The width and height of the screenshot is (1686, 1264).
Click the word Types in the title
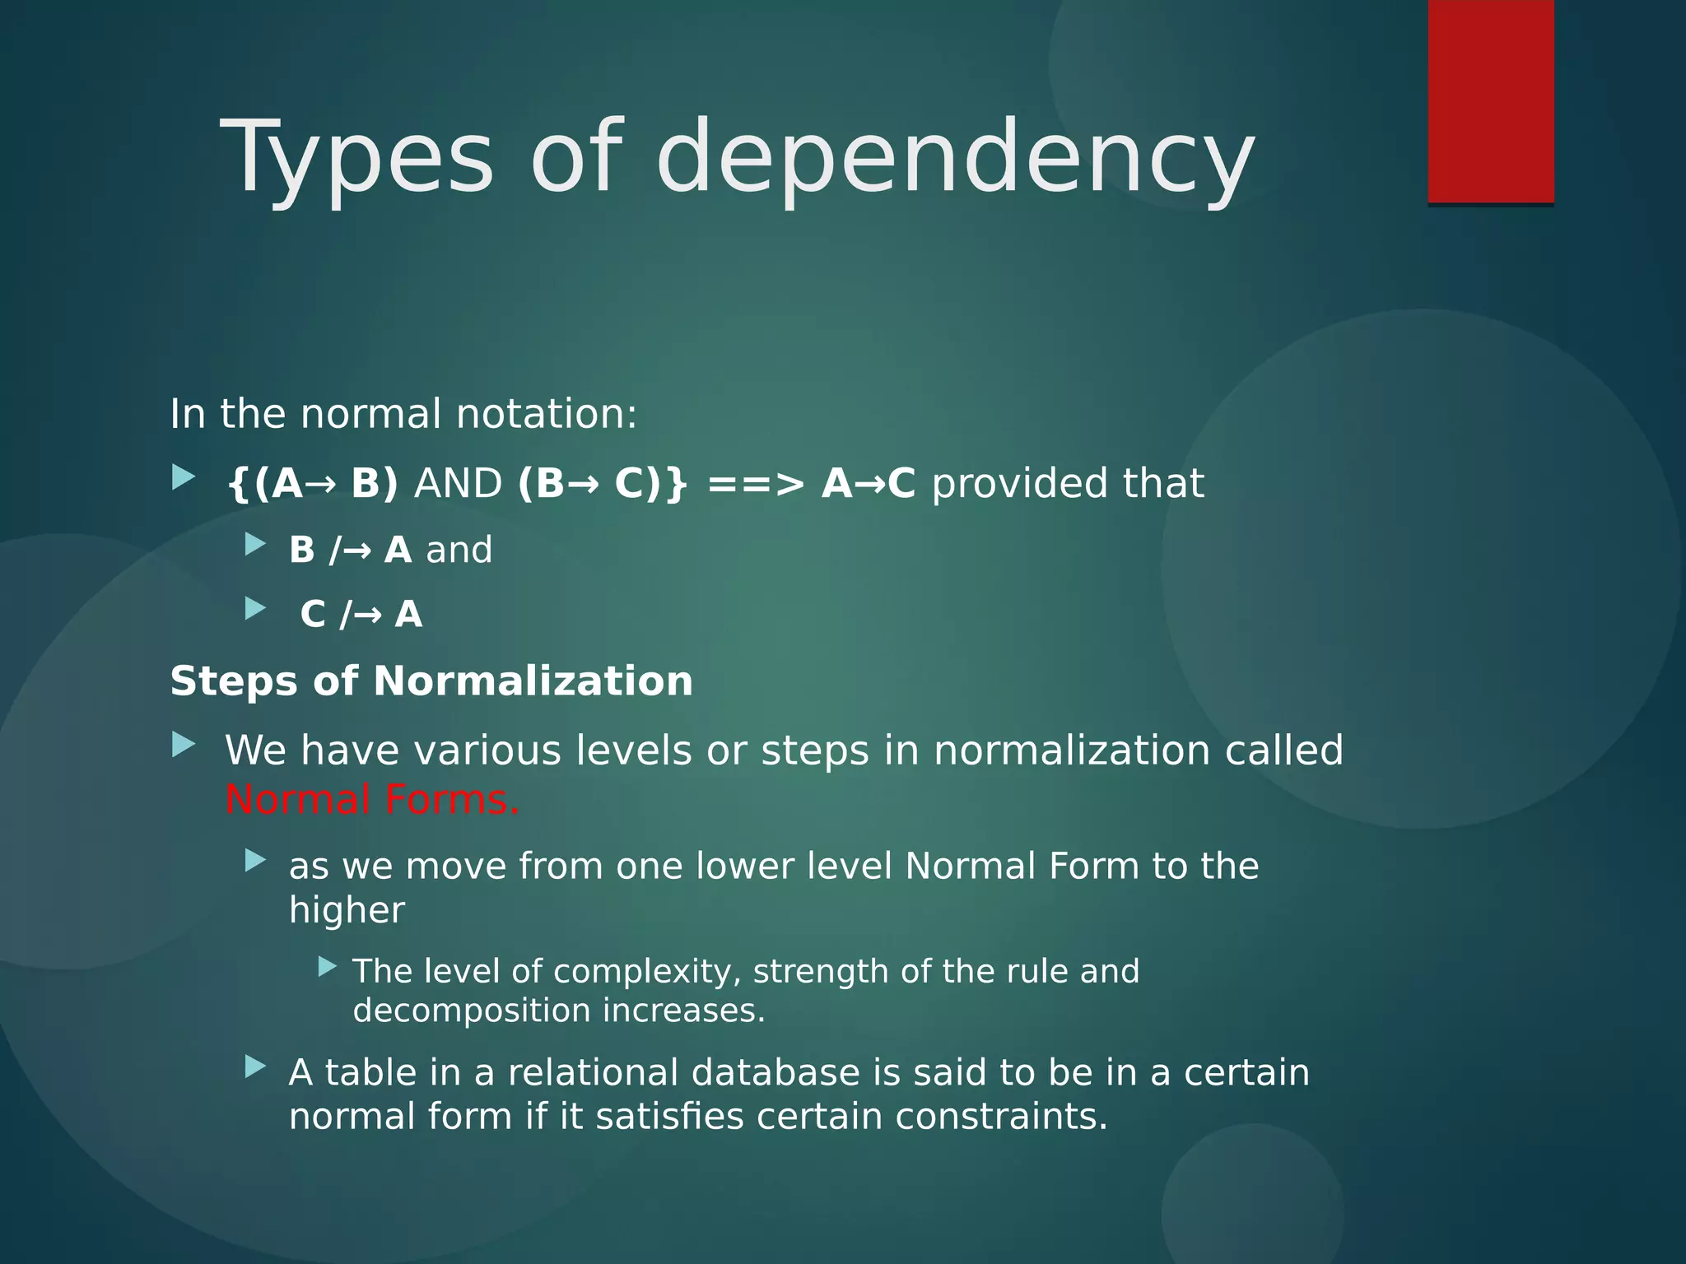pos(356,158)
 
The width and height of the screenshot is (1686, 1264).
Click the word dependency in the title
pos(955,158)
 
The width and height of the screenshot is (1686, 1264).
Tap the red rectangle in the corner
pos(1490,100)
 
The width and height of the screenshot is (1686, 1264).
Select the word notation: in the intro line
pos(547,414)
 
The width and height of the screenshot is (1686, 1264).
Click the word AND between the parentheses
pos(458,483)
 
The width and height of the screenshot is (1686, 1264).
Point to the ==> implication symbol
pos(755,483)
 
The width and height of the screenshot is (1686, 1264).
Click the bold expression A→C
pos(868,483)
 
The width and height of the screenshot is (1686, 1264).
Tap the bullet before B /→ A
pos(256,544)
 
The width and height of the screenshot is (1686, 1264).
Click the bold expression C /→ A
pos(361,615)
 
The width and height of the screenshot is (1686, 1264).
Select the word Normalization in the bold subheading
pos(533,681)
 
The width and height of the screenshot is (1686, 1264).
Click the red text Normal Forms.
pos(372,800)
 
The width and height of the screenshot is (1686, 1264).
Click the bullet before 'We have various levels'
pos(184,746)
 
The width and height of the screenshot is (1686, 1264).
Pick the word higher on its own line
pos(347,910)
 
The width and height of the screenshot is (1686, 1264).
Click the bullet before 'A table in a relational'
pos(256,1068)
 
